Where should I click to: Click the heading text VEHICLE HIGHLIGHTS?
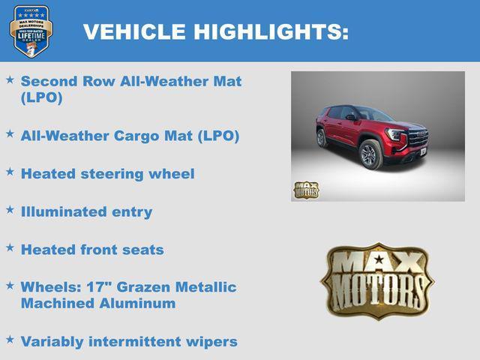click(x=215, y=31)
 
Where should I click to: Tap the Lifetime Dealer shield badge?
click(x=31, y=31)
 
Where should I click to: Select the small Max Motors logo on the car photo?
click(x=306, y=190)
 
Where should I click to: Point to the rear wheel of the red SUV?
click(x=322, y=138)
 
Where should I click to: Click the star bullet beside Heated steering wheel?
click(x=10, y=172)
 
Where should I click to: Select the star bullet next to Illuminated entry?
click(x=10, y=209)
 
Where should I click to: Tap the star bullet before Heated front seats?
click(x=10, y=247)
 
